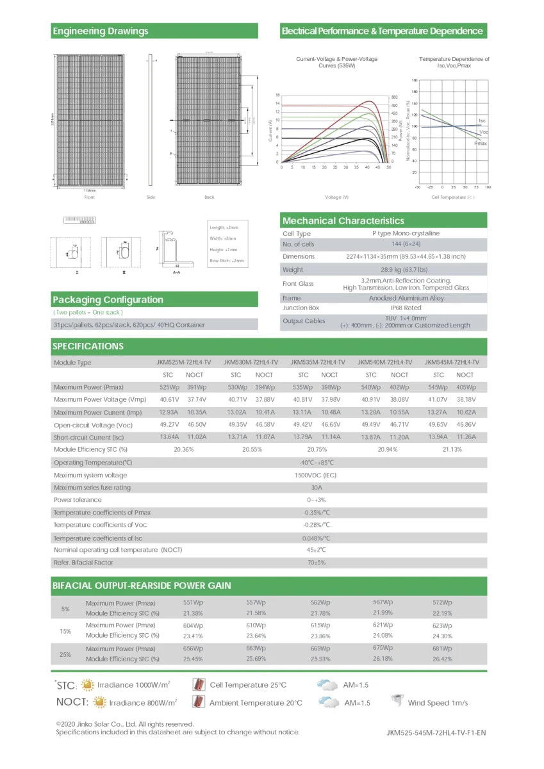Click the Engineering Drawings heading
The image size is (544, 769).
[101, 31]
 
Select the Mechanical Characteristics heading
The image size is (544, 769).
[343, 220]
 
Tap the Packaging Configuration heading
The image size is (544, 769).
[108, 299]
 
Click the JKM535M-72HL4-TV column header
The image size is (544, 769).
[318, 362]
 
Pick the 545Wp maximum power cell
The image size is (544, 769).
[438, 387]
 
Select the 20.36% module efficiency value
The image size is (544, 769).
[183, 449]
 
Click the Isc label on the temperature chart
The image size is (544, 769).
[482, 120]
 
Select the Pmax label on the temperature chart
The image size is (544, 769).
[481, 144]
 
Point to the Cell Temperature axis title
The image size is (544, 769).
[453, 197]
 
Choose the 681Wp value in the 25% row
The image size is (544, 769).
[442, 649]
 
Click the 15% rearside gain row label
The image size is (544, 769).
[65, 631]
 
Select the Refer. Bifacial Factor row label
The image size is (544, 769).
[83, 562]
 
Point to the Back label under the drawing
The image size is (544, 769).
[210, 197]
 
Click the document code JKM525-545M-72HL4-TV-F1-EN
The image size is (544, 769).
[436, 732]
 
